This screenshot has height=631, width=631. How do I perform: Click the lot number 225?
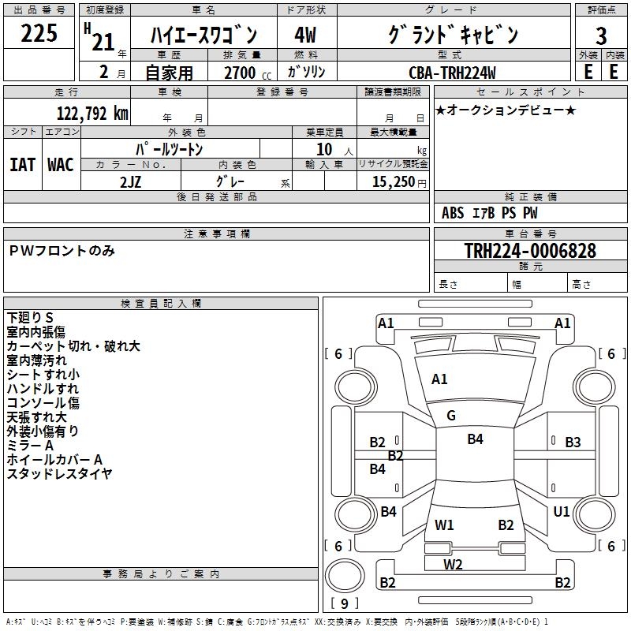click(x=39, y=33)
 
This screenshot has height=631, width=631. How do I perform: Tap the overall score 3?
click(x=601, y=36)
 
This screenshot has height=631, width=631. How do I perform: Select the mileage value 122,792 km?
click(x=92, y=114)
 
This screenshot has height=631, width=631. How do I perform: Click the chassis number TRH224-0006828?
click(x=530, y=251)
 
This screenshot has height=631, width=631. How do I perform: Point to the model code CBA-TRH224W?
click(x=452, y=73)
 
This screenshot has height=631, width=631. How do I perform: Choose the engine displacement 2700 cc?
click(x=248, y=73)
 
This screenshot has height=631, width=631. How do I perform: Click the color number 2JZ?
click(x=130, y=182)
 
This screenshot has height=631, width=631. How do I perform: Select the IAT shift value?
click(x=22, y=165)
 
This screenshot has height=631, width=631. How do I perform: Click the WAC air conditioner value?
click(x=61, y=165)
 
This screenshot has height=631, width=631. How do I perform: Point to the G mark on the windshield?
click(x=451, y=415)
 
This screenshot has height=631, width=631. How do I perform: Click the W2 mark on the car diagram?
click(x=453, y=564)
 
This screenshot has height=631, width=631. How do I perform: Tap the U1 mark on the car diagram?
click(x=562, y=511)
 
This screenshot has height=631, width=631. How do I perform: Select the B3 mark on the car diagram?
click(x=573, y=442)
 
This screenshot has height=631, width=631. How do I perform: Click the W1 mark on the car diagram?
click(x=444, y=525)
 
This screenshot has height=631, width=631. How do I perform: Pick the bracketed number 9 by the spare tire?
click(x=345, y=603)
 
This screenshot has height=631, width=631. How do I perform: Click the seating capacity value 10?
click(x=324, y=149)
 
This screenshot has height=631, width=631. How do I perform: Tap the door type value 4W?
click(x=305, y=35)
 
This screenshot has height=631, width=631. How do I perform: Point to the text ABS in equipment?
click(x=452, y=213)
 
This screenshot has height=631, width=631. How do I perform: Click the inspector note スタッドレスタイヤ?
click(x=59, y=474)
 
